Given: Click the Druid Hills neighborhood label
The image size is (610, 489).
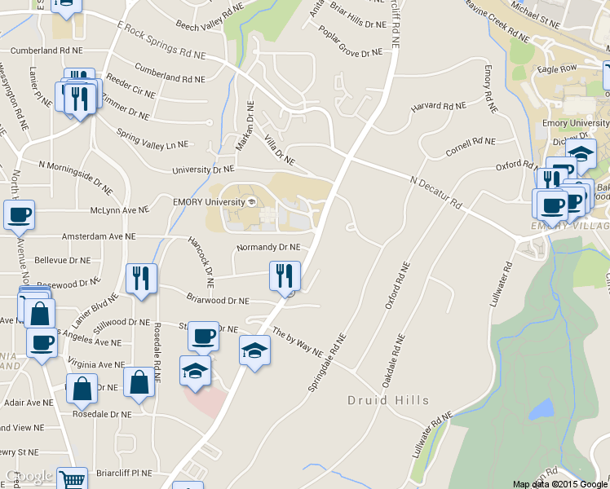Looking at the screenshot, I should pos(387,400).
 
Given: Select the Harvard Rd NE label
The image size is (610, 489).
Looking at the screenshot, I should pos(439,106).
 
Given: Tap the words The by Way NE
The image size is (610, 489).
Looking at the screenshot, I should pos(298,341).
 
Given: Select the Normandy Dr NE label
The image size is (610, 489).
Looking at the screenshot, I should pos(268,247).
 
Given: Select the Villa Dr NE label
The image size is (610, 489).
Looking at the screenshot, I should pos(279,149).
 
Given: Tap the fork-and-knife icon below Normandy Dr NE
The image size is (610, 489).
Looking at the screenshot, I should pos(285,275).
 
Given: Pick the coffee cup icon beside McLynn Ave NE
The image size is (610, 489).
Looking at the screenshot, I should pos(20,215).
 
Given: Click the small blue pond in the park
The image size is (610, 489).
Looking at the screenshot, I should pos(540,409).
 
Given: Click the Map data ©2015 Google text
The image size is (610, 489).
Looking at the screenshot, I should pos(559,483).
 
